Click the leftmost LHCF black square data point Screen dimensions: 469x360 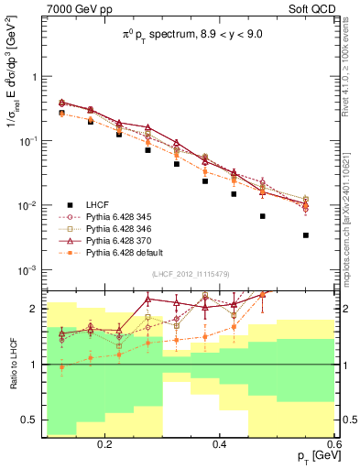[62, 113]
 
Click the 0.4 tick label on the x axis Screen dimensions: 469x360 [220, 444]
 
